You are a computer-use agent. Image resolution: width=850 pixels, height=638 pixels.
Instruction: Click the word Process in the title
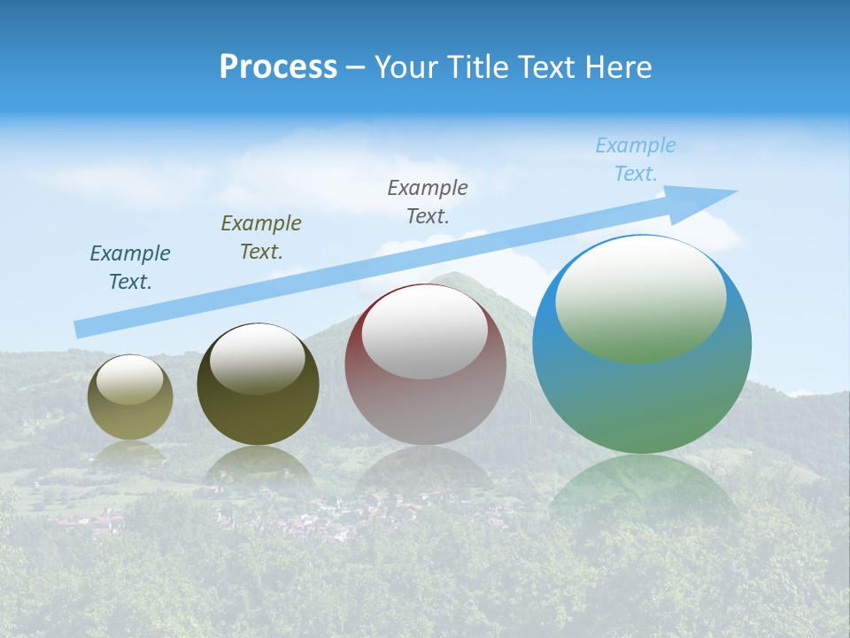278,67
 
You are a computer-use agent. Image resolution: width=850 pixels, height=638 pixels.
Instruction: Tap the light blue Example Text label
636,159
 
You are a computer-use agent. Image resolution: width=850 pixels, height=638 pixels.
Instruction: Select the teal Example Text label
130,267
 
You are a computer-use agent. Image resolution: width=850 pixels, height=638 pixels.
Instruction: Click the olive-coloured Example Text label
261,237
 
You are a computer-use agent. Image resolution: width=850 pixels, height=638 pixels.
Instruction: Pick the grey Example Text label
428,201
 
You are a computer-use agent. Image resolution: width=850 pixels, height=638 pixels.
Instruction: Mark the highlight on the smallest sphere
130,379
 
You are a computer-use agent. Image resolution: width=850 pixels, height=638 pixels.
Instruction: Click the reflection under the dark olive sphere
258,465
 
